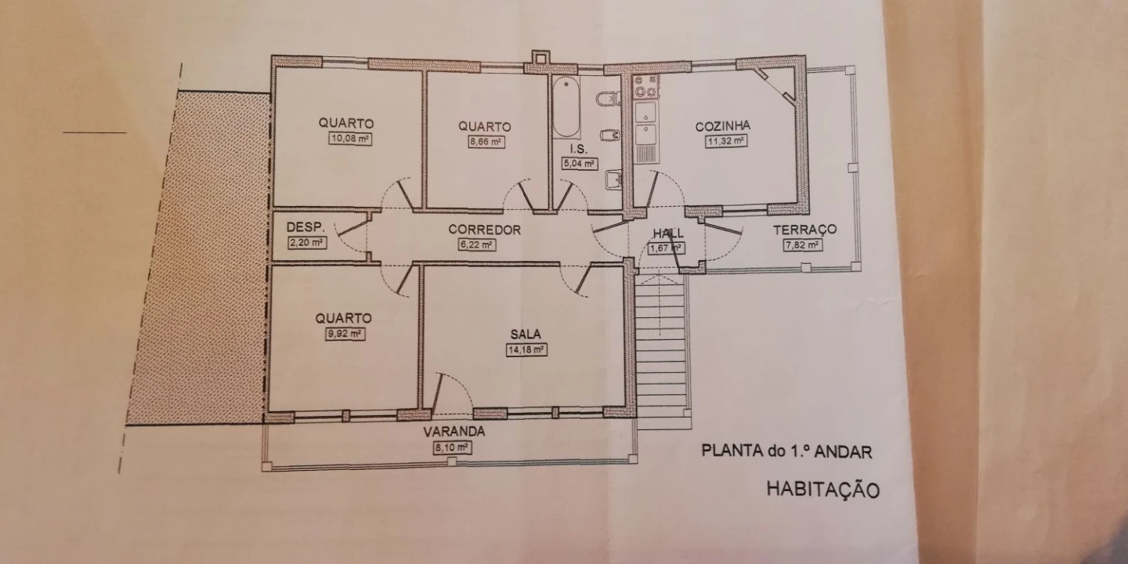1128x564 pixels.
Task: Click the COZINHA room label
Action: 723,125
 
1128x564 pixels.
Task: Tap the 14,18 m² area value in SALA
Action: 526,349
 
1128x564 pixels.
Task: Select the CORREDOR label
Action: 484,230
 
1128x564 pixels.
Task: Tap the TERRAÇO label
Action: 804,230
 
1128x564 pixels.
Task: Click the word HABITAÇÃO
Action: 822,490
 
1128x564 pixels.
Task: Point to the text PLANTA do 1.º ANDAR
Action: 786,450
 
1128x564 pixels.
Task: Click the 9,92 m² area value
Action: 345,334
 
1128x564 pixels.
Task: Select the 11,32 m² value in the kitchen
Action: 724,141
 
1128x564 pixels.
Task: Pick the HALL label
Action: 668,233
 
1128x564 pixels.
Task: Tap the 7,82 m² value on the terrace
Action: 802,245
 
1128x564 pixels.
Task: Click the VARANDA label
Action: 454,432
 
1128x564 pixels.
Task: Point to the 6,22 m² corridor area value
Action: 477,245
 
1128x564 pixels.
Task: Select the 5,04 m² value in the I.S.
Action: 579,164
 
